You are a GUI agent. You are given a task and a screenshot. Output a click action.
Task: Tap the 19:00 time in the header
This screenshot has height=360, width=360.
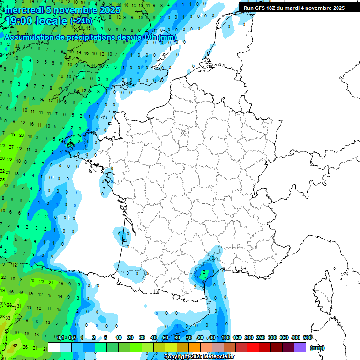pos(20,21)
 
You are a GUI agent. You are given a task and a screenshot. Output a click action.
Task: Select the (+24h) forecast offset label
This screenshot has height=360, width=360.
pos(82,21)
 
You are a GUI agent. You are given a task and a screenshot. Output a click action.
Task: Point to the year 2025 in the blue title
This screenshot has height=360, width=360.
pos(110,9)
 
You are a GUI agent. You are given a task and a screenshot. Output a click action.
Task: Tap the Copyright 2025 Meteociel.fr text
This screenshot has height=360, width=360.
pos(200,356)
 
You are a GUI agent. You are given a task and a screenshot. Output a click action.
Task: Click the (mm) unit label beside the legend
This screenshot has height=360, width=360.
pos(317,348)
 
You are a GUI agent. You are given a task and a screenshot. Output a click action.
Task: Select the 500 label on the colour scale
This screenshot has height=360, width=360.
pos(307,337)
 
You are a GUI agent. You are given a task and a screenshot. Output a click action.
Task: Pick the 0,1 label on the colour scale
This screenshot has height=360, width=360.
pos(61,337)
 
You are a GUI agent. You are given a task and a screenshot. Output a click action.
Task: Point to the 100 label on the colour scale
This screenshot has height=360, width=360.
pos(225,337)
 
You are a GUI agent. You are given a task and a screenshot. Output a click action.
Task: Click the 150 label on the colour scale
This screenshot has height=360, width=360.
pos(237,337)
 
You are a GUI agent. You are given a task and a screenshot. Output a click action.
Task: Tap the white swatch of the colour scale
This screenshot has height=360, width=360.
pos(54,347)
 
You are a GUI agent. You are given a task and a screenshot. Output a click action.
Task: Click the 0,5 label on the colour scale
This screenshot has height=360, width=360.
pos(73,337)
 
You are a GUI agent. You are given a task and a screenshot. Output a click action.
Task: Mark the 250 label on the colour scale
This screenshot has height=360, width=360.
pos(261,337)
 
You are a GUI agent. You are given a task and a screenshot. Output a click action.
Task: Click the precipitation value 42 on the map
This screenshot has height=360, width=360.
pos(15,346)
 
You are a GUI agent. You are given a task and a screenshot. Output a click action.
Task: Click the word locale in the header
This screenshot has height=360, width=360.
pos(51,21)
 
